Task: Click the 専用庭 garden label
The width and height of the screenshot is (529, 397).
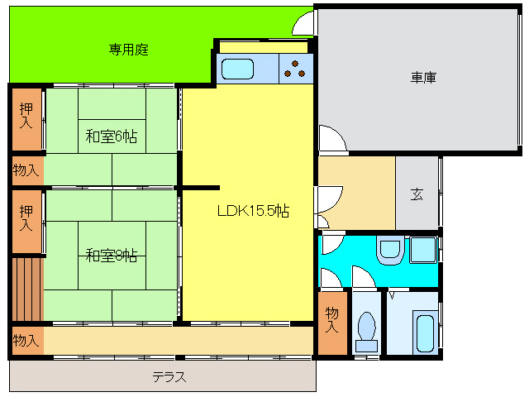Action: click(128, 50)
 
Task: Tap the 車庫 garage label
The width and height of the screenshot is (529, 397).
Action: click(423, 78)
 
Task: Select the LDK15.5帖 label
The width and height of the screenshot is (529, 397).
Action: click(253, 211)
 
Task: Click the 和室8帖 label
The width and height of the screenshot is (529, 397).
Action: click(111, 256)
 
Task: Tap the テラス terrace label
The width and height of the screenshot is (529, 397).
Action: click(169, 377)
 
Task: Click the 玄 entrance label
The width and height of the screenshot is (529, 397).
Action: click(417, 195)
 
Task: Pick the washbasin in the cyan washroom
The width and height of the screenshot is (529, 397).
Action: click(388, 249)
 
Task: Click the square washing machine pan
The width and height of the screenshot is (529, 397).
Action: click(424, 249)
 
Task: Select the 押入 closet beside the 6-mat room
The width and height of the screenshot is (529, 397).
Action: click(26, 116)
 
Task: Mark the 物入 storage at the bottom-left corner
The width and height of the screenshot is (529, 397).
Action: click(26, 340)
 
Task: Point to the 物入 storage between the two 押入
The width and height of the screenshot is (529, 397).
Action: click(26, 170)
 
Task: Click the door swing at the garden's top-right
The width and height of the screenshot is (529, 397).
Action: click(305, 23)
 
